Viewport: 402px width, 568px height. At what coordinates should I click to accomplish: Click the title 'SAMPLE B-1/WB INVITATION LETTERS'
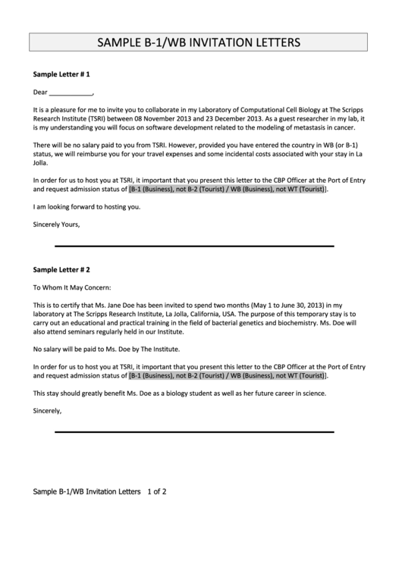(x=201, y=42)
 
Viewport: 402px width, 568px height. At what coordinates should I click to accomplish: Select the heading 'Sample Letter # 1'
(x=62, y=75)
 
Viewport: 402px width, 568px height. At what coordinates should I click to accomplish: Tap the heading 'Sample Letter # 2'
(x=62, y=269)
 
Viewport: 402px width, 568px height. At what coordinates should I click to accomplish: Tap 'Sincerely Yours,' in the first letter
(x=57, y=224)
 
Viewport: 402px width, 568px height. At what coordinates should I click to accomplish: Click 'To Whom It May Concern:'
(x=72, y=288)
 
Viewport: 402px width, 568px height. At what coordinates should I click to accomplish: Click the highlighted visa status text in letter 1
(x=228, y=189)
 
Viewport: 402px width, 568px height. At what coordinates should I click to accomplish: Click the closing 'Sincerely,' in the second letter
(x=48, y=410)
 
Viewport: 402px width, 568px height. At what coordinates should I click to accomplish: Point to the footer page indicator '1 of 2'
(x=157, y=491)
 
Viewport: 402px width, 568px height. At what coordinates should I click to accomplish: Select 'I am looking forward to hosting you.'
(x=87, y=206)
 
